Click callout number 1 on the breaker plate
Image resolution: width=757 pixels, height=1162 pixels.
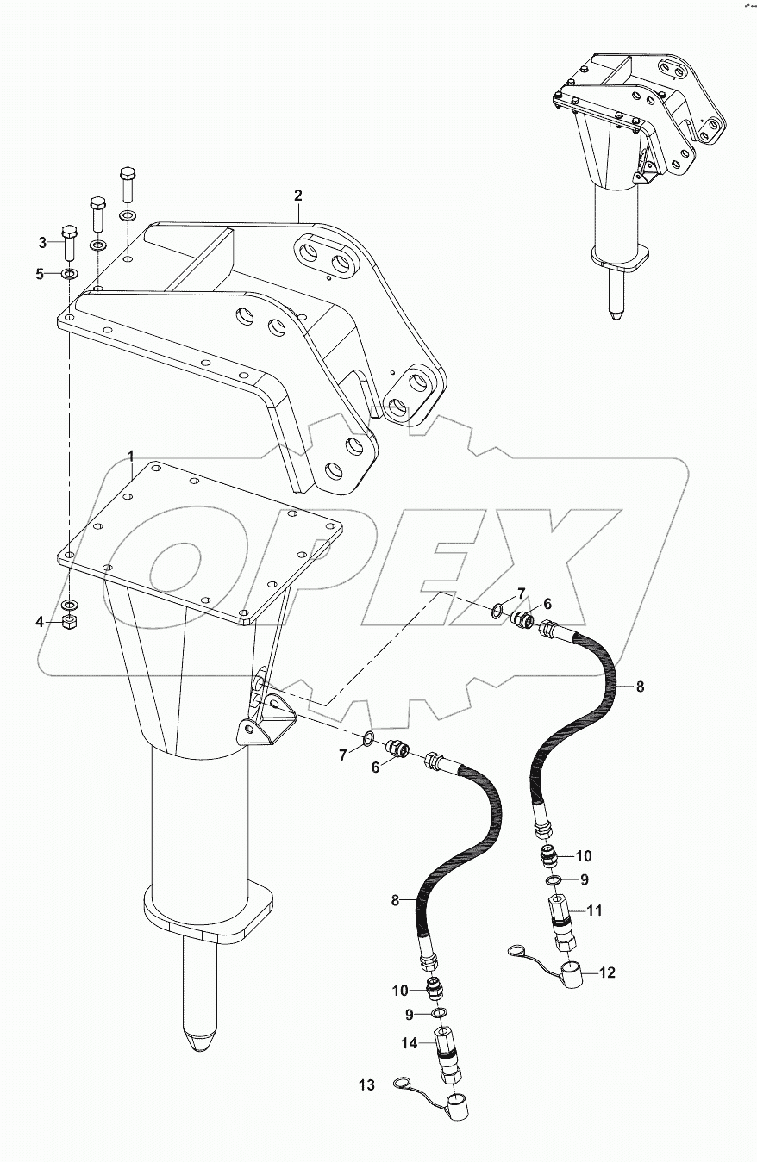(x=130, y=454)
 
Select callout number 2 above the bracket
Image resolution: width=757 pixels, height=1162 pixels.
(x=297, y=195)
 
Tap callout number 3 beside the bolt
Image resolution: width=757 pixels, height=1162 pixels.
(x=41, y=242)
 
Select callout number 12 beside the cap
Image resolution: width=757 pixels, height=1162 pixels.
(x=607, y=972)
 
